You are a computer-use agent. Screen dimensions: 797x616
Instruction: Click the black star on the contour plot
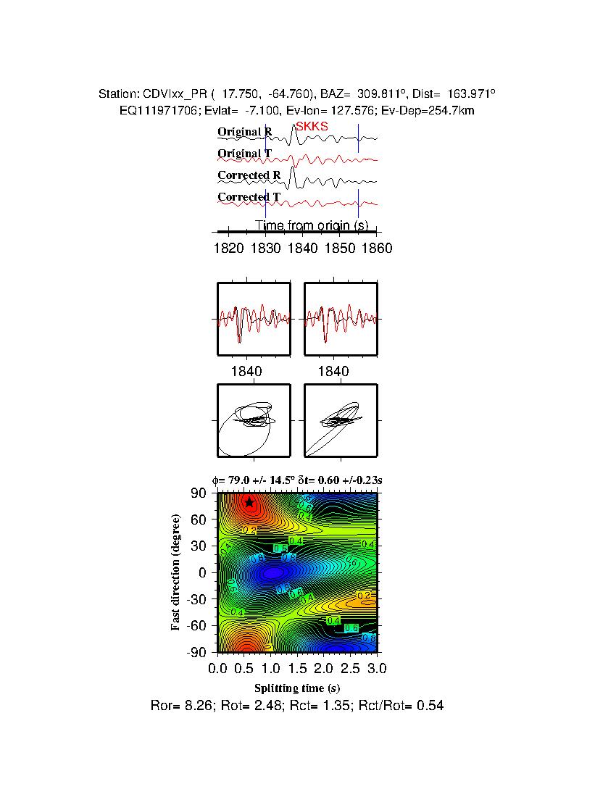pos(249,503)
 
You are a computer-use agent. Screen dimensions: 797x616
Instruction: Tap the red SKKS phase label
pos(312,126)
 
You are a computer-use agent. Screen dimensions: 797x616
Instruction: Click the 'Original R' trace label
pos(245,133)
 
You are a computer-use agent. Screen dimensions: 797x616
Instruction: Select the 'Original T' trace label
pos(245,154)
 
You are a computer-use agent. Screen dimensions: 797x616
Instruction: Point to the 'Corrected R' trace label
pos(249,175)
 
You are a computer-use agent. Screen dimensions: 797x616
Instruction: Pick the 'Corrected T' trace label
pos(249,197)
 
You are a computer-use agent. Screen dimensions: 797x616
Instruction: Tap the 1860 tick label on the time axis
pos(377,249)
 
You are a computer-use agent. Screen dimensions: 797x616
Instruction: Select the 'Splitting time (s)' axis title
pos(297,688)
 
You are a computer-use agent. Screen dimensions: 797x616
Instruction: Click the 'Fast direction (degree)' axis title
pos(175,572)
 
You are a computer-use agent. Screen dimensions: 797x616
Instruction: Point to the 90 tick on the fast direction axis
pos(200,493)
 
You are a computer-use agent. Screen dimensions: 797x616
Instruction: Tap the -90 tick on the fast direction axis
pos(197,652)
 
